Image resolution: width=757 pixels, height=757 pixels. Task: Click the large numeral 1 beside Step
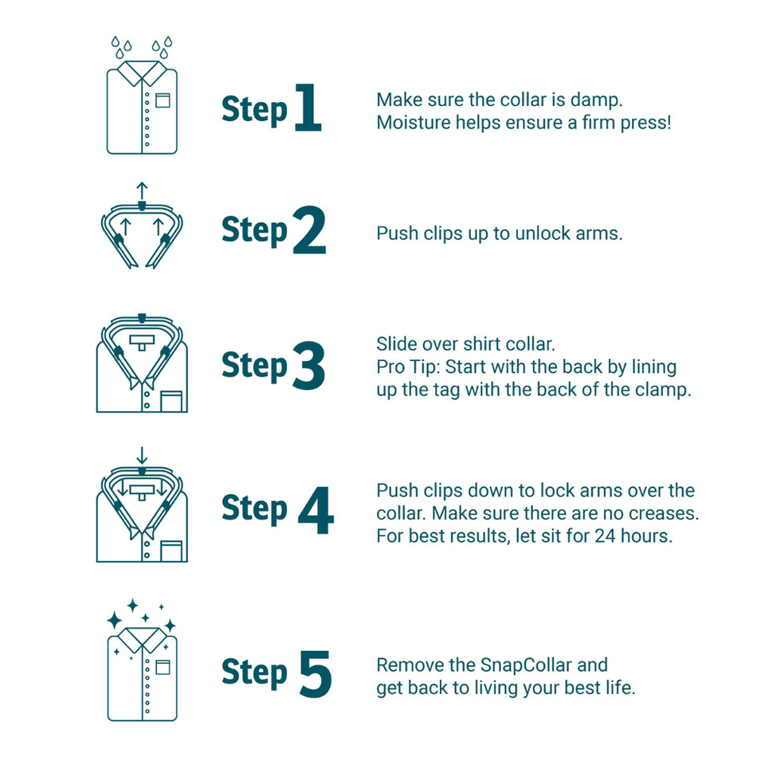(x=308, y=108)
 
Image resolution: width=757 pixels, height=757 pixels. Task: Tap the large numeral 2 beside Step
(x=308, y=229)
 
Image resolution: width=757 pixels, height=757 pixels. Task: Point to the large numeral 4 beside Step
(x=315, y=508)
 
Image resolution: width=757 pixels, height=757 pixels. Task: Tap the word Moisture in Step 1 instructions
(x=412, y=124)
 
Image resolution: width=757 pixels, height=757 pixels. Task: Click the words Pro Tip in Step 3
(x=405, y=367)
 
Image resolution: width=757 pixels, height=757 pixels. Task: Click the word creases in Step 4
(x=666, y=513)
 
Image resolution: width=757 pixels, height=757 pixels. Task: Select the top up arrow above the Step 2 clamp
(x=142, y=190)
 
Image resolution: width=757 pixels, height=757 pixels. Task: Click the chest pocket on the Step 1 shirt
(x=163, y=100)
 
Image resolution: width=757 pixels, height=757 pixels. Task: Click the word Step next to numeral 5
(x=254, y=673)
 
